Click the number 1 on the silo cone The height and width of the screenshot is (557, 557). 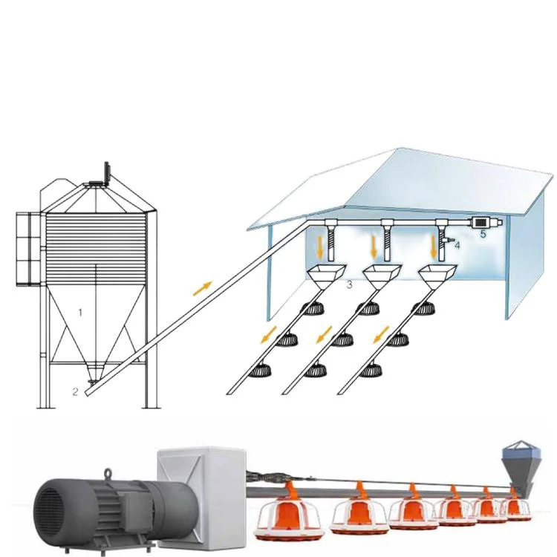[x=81, y=312]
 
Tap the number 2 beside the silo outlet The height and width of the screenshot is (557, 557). [x=76, y=389]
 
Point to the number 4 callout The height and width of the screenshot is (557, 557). [x=457, y=244]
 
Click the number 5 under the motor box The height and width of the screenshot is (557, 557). [x=482, y=234]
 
